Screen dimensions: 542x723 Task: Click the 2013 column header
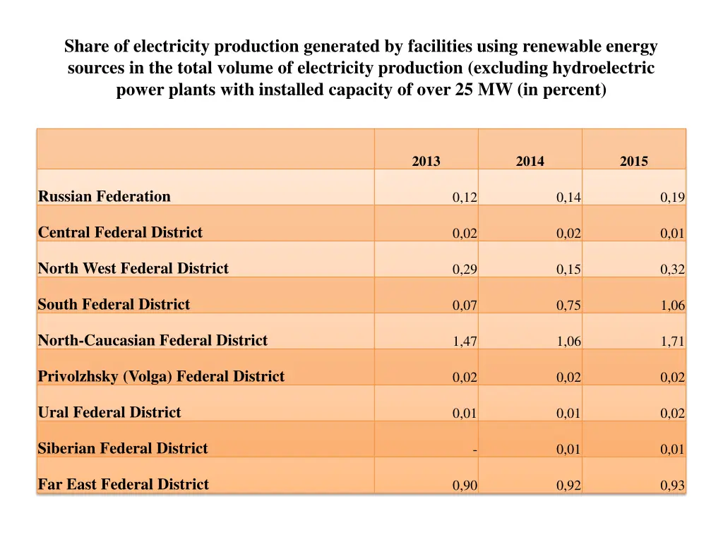pyautogui.click(x=426, y=162)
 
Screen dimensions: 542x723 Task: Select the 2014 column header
pyautogui.click(x=530, y=162)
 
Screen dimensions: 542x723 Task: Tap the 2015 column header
pyautogui.click(x=633, y=162)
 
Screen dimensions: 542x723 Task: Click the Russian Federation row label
pyautogui.click(x=104, y=197)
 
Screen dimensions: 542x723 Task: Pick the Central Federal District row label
pyautogui.click(x=120, y=233)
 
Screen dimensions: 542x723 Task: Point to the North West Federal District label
pyautogui.click(x=133, y=269)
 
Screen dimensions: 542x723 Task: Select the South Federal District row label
pyautogui.click(x=114, y=305)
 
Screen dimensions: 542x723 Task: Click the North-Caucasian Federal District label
pyautogui.click(x=153, y=341)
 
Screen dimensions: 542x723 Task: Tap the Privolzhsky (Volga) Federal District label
pyautogui.click(x=161, y=377)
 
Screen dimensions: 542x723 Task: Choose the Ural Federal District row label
pyautogui.click(x=109, y=413)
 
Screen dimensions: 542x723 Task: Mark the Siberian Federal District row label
pyautogui.click(x=123, y=449)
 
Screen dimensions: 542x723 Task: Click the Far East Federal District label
pyautogui.click(x=124, y=485)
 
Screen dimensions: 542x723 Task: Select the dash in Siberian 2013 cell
pyautogui.click(x=475, y=450)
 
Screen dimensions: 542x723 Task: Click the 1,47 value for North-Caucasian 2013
pyautogui.click(x=465, y=342)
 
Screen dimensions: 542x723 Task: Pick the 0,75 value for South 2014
pyautogui.click(x=568, y=306)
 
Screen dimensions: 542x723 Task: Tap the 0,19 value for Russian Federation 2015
pyautogui.click(x=672, y=198)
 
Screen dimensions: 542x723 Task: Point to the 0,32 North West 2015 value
pyautogui.click(x=672, y=270)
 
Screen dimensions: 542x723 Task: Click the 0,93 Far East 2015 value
pyautogui.click(x=672, y=486)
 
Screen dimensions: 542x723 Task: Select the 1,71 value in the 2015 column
pyautogui.click(x=672, y=342)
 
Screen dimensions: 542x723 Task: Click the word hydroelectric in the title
pyautogui.click(x=603, y=68)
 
